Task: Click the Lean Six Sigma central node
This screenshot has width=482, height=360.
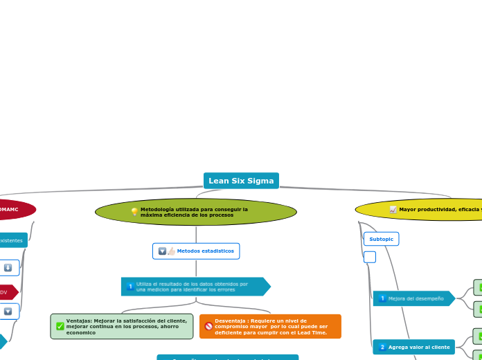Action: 241,181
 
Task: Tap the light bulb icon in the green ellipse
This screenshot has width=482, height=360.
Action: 134,212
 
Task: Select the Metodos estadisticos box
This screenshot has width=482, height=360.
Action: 196,251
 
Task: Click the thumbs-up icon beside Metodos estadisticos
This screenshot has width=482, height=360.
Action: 171,251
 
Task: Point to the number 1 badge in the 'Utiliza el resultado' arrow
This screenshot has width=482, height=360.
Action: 130,287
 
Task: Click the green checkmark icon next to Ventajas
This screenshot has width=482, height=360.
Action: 60,326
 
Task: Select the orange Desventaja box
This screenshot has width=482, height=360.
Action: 270,327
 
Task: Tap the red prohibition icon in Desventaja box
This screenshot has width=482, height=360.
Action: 208,326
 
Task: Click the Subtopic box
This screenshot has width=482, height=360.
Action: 381,239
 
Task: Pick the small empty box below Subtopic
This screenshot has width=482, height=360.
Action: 370,257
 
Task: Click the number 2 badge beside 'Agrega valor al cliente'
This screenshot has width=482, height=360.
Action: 382,347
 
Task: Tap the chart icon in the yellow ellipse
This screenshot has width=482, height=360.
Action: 393,209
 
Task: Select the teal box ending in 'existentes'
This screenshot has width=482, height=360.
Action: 12,240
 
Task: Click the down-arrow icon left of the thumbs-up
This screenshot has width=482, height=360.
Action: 162,251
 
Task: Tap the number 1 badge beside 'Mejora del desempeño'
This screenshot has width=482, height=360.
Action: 382,298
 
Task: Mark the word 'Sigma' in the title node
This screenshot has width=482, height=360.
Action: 260,181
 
